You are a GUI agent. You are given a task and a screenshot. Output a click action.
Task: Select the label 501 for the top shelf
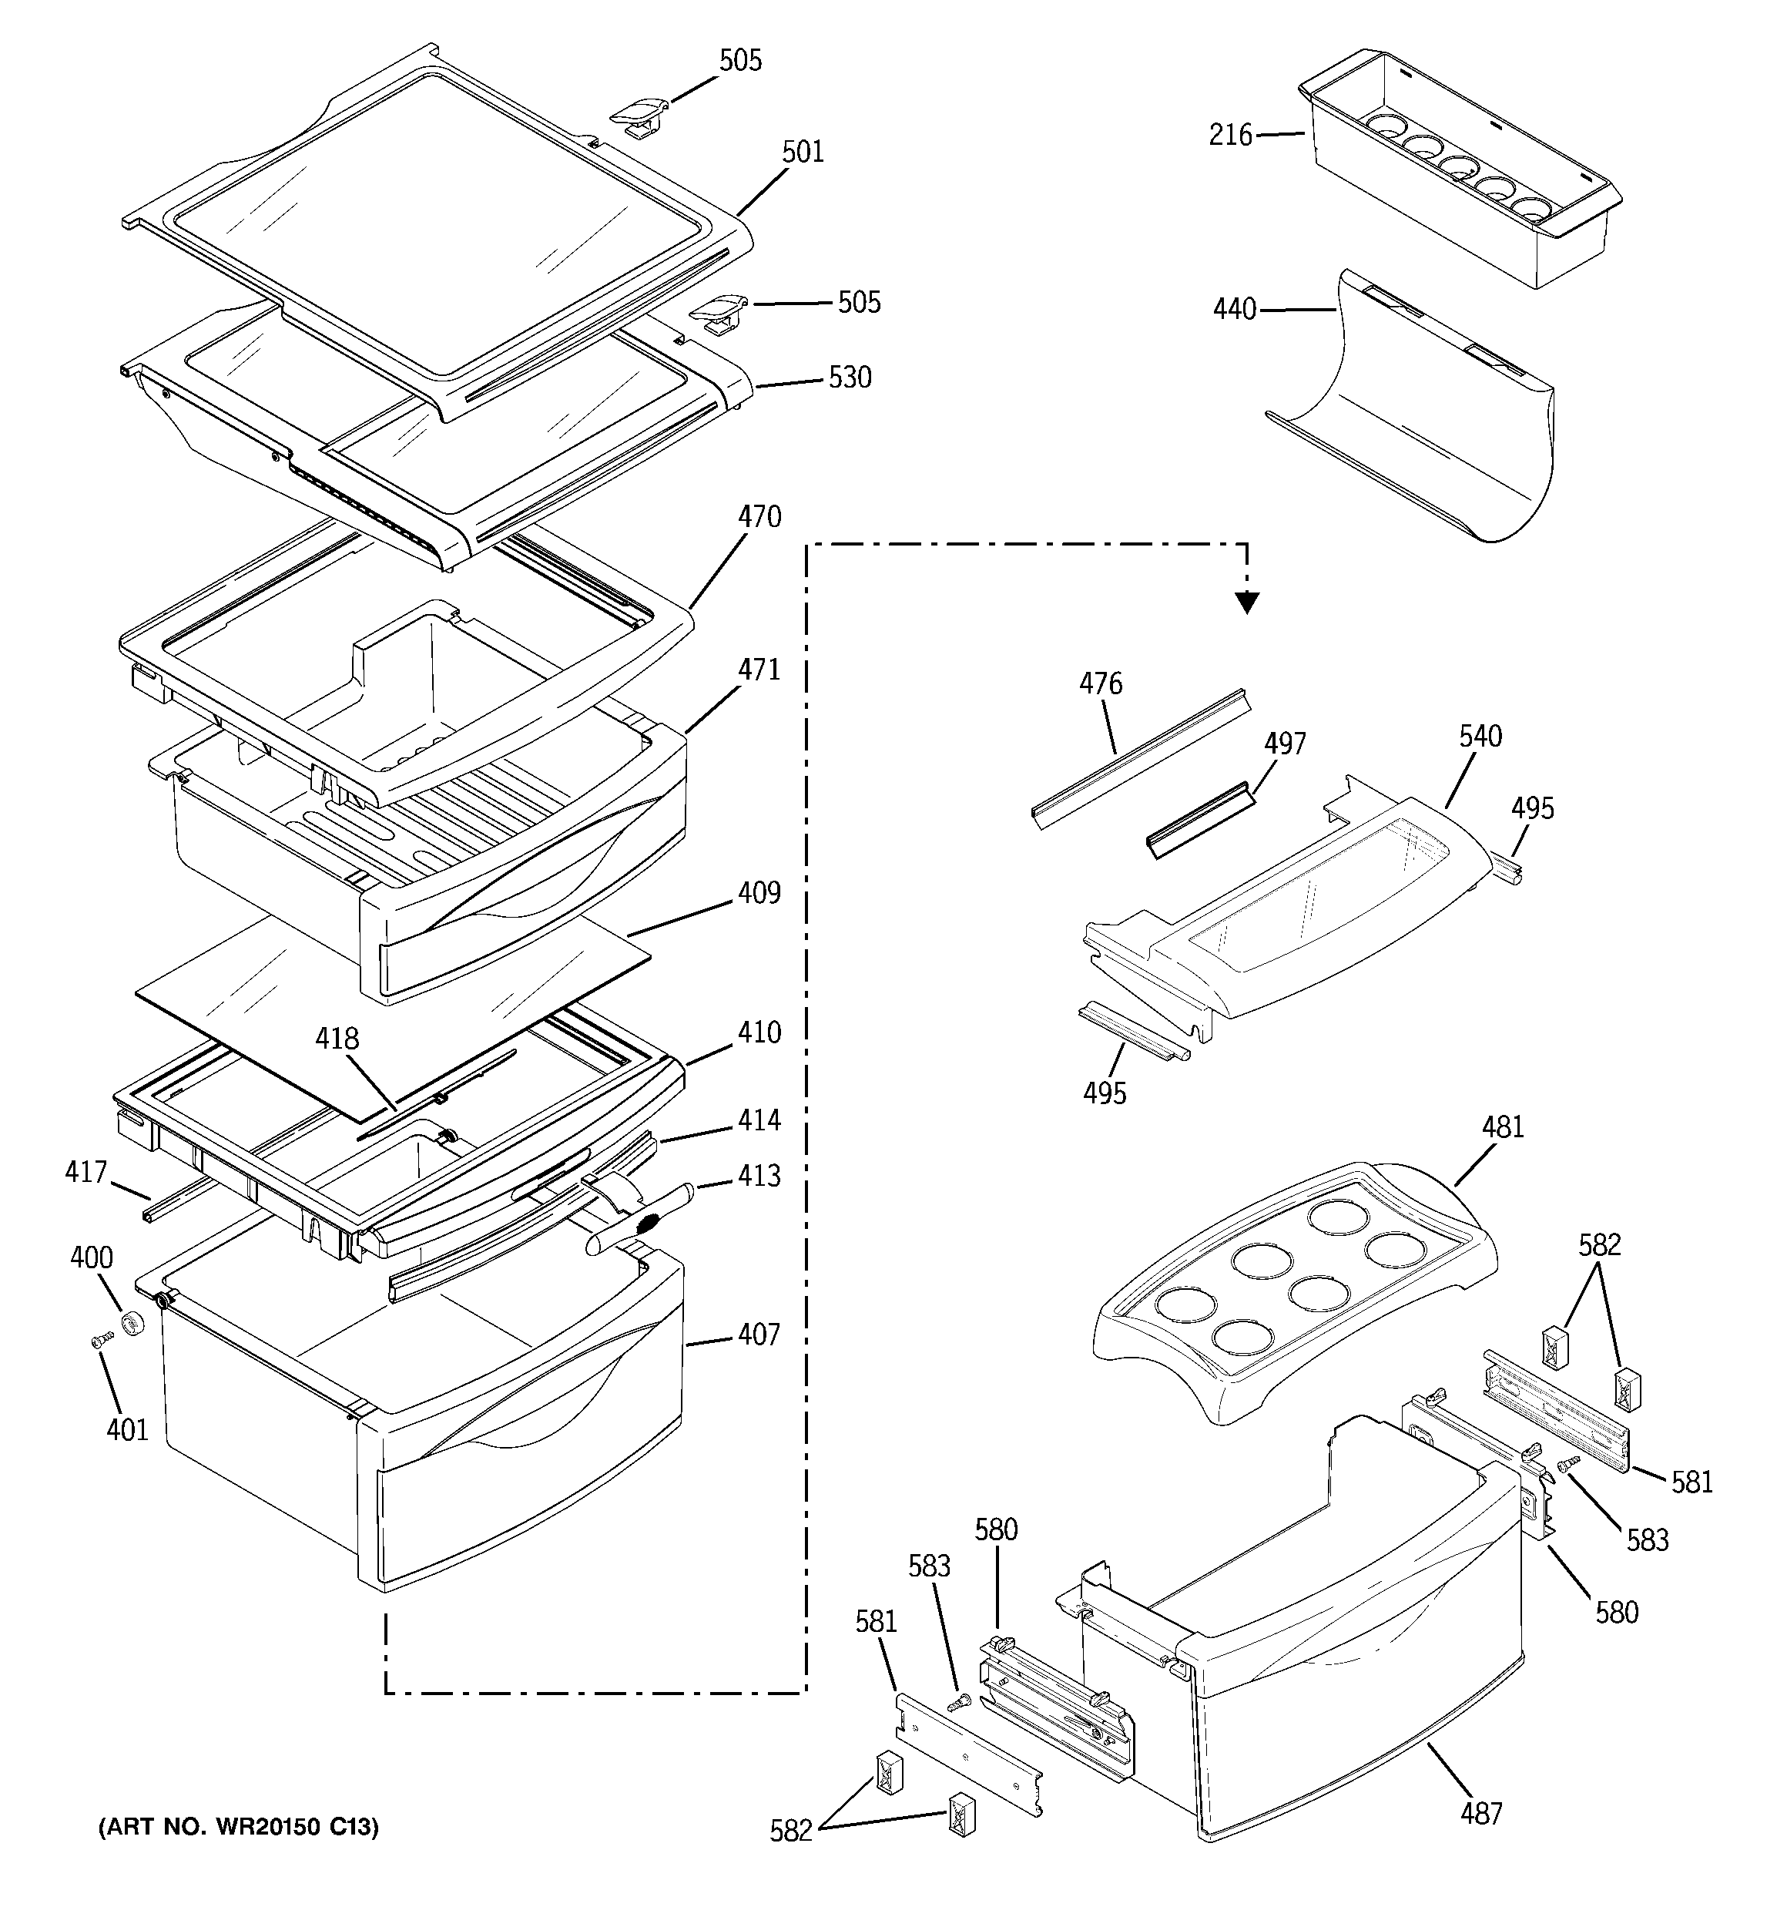tap(803, 152)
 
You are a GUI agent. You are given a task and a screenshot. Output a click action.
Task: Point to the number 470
tap(759, 517)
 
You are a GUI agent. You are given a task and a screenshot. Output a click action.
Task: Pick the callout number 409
tap(759, 892)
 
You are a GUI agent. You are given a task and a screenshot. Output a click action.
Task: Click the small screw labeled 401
tap(97, 1343)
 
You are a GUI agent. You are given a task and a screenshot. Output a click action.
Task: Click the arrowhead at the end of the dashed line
tap(1246, 603)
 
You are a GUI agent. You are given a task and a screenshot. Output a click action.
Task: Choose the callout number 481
tap(1502, 1127)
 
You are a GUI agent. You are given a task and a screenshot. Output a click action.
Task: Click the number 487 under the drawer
tap(1481, 1813)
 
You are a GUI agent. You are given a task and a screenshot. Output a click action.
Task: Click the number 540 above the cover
tap(1480, 737)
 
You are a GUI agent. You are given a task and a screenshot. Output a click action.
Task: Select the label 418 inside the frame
tap(337, 1038)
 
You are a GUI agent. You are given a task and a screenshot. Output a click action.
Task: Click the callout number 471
tap(759, 670)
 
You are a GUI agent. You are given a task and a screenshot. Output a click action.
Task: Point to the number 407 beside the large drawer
tap(759, 1335)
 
